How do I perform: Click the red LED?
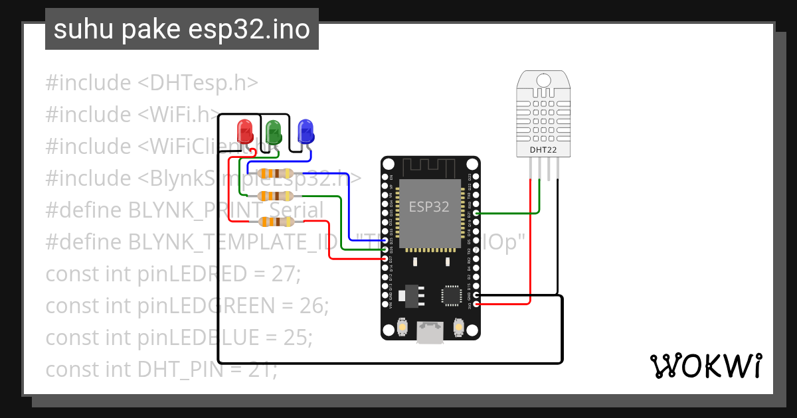(245, 131)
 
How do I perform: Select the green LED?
(273, 131)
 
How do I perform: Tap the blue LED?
(306, 131)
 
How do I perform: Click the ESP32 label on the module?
(428, 206)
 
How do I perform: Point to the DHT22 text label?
(543, 149)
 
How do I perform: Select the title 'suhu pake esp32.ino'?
(181, 30)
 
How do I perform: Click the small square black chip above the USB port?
(452, 294)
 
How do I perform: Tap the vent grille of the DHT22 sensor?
(543, 113)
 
